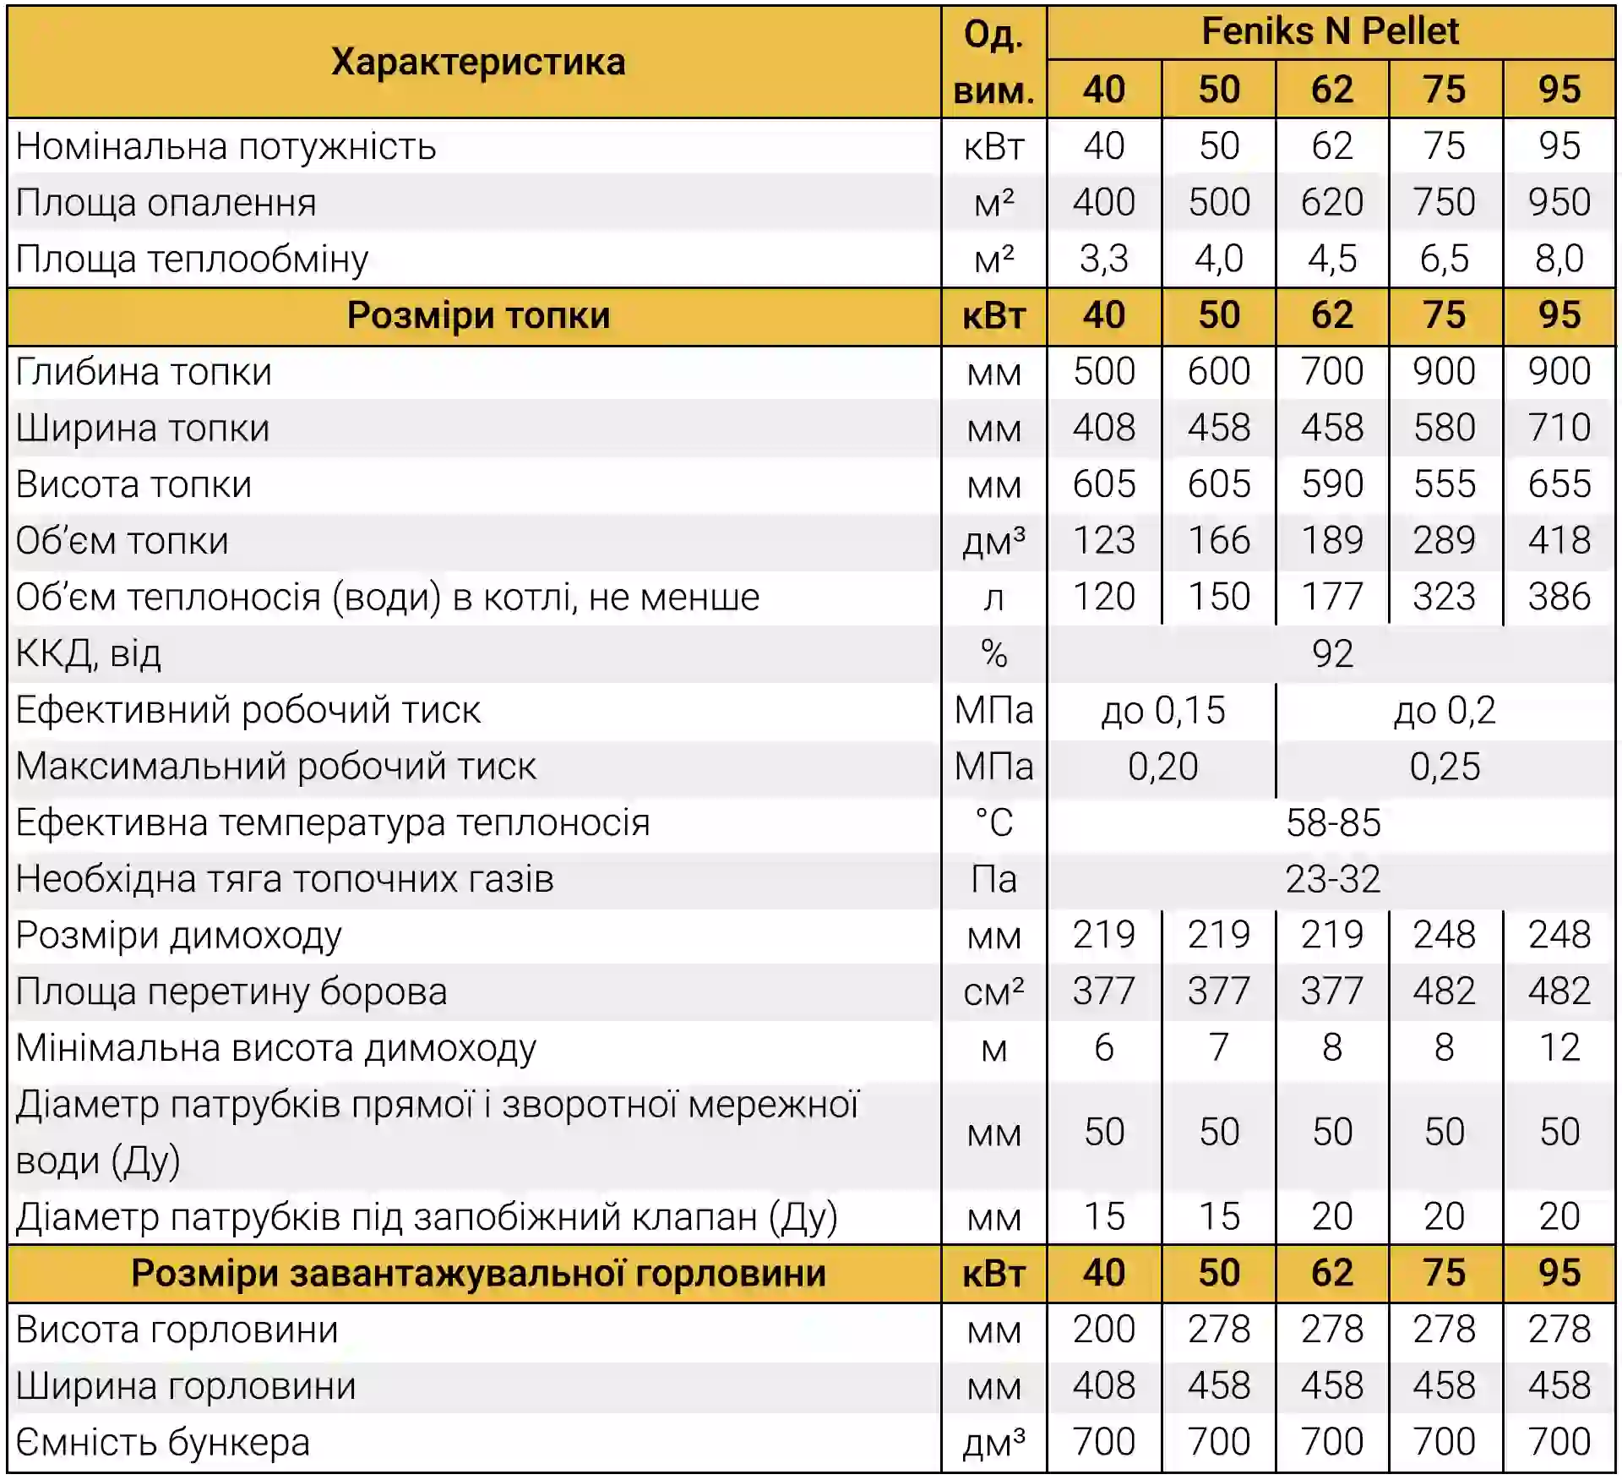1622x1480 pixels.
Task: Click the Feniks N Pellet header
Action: [x=1330, y=32]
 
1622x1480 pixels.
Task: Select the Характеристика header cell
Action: [x=477, y=62]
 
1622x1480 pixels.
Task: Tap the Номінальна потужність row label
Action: [x=226, y=146]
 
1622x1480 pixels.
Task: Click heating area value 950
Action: [x=1559, y=202]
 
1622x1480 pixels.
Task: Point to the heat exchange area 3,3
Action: [x=1103, y=259]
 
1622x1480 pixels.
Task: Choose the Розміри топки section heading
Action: [x=477, y=315]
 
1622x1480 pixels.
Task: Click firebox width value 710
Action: [x=1559, y=428]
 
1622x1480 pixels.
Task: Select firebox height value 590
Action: [x=1331, y=484]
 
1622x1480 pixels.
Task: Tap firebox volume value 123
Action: [x=1103, y=540]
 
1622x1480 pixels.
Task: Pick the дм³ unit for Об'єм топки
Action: [x=993, y=541]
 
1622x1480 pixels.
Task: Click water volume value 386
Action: [x=1559, y=597]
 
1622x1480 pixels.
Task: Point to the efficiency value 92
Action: [x=1332, y=653]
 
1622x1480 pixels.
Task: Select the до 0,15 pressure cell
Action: [x=1162, y=710]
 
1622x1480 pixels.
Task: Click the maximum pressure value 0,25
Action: [x=1445, y=767]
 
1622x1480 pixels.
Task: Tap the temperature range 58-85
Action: [x=1332, y=822]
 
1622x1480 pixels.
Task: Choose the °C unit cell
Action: [x=993, y=822]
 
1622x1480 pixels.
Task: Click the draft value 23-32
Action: [x=1332, y=879]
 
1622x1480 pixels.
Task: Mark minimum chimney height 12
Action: [x=1559, y=1048]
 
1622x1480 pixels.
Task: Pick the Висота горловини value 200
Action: [x=1103, y=1330]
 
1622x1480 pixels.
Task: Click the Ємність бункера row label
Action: [x=163, y=1443]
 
